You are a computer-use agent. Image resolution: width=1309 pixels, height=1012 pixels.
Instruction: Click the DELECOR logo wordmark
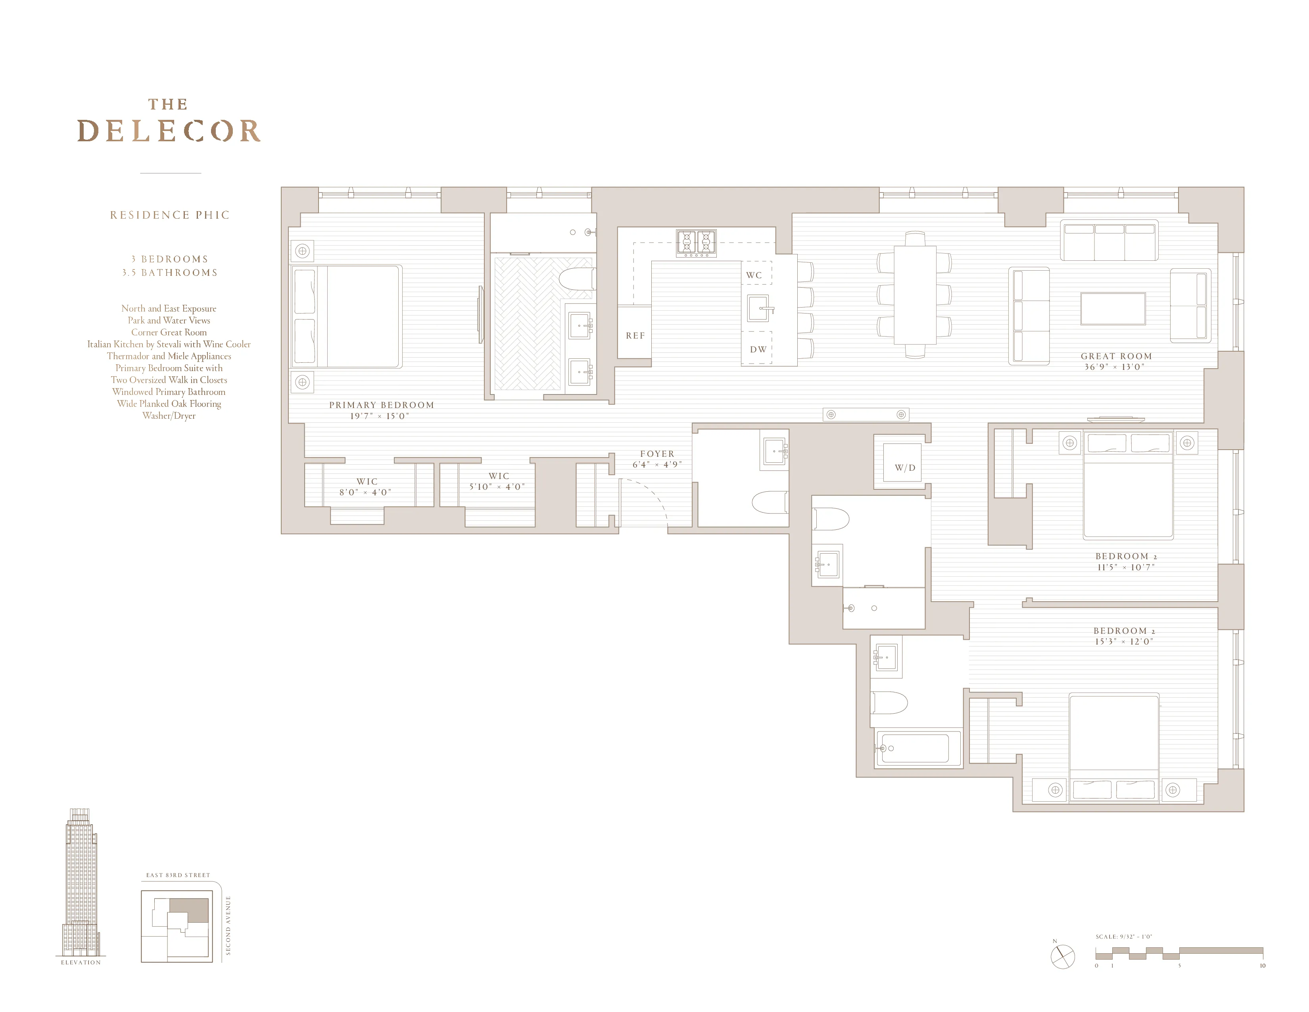pyautogui.click(x=169, y=131)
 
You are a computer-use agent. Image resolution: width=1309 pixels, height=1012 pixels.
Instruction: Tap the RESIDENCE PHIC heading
pyautogui.click(x=170, y=215)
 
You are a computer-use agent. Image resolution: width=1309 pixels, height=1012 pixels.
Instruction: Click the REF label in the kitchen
pyautogui.click(x=635, y=336)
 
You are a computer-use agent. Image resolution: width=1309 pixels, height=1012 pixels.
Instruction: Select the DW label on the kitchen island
pyautogui.click(x=758, y=350)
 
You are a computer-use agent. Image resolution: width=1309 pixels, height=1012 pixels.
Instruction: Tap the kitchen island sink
pyautogui.click(x=758, y=308)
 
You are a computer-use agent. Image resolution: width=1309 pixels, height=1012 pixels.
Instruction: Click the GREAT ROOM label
pyautogui.click(x=1116, y=356)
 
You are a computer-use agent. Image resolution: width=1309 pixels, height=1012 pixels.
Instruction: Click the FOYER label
pyautogui.click(x=657, y=454)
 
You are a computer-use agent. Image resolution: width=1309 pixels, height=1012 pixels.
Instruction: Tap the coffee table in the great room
pyautogui.click(x=1113, y=309)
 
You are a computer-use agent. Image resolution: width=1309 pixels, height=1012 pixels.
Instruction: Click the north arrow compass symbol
pyautogui.click(x=1063, y=956)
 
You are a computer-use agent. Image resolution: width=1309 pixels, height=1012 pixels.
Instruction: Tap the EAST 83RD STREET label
pyautogui.click(x=178, y=875)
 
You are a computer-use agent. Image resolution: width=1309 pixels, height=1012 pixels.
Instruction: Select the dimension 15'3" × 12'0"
pyautogui.click(x=1123, y=641)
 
